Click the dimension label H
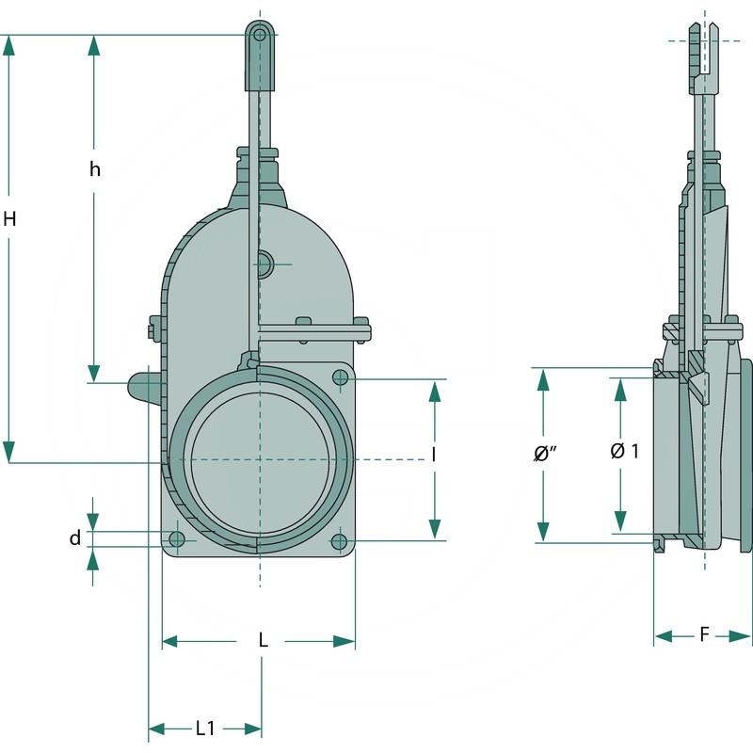click(9, 219)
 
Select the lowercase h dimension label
click(94, 169)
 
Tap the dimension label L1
click(205, 728)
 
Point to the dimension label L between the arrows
click(264, 641)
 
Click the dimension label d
click(74, 538)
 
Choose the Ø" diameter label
click(545, 454)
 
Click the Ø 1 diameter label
click(624, 451)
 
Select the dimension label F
click(704, 635)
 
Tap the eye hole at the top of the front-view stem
click(259, 35)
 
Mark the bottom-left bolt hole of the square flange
click(176, 539)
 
